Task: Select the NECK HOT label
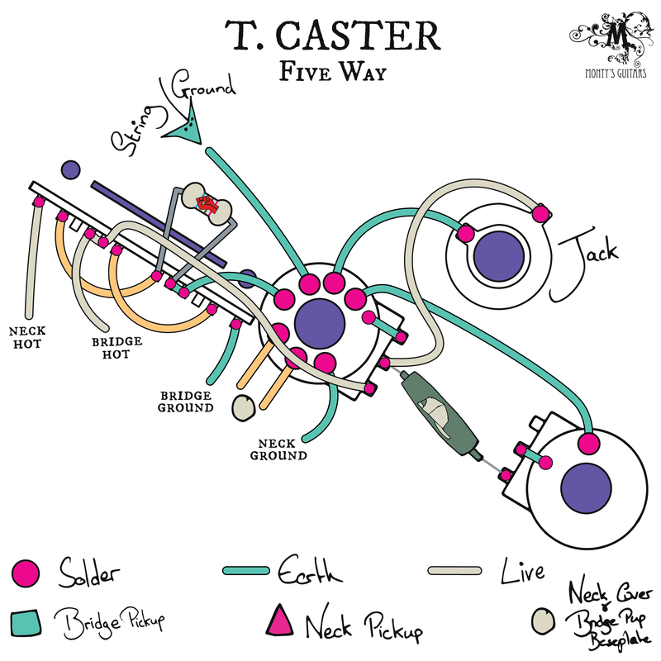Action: pyautogui.click(x=26, y=336)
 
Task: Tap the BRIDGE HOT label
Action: pyautogui.click(x=116, y=347)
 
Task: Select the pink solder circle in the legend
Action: pyautogui.click(x=26, y=571)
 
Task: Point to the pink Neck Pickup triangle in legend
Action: pyautogui.click(x=282, y=619)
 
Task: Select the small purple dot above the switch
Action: pyautogui.click(x=70, y=169)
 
